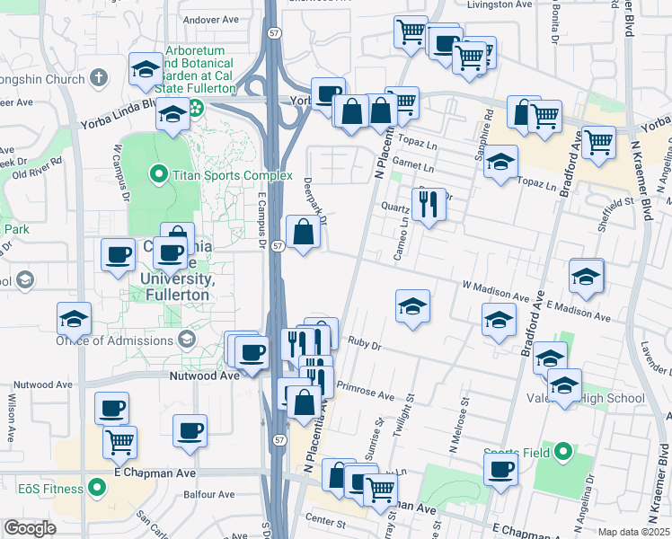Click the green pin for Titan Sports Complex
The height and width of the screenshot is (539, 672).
[x=159, y=173]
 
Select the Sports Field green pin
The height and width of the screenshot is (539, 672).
[x=562, y=451]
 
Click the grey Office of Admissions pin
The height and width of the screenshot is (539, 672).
[x=187, y=339]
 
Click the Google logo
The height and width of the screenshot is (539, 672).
[x=31, y=527]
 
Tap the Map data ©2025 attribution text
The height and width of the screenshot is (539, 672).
[x=633, y=532]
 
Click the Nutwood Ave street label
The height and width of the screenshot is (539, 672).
[x=205, y=376]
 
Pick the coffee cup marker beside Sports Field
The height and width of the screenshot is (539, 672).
[x=501, y=469]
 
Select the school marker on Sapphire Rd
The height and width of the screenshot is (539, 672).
[x=501, y=163]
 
